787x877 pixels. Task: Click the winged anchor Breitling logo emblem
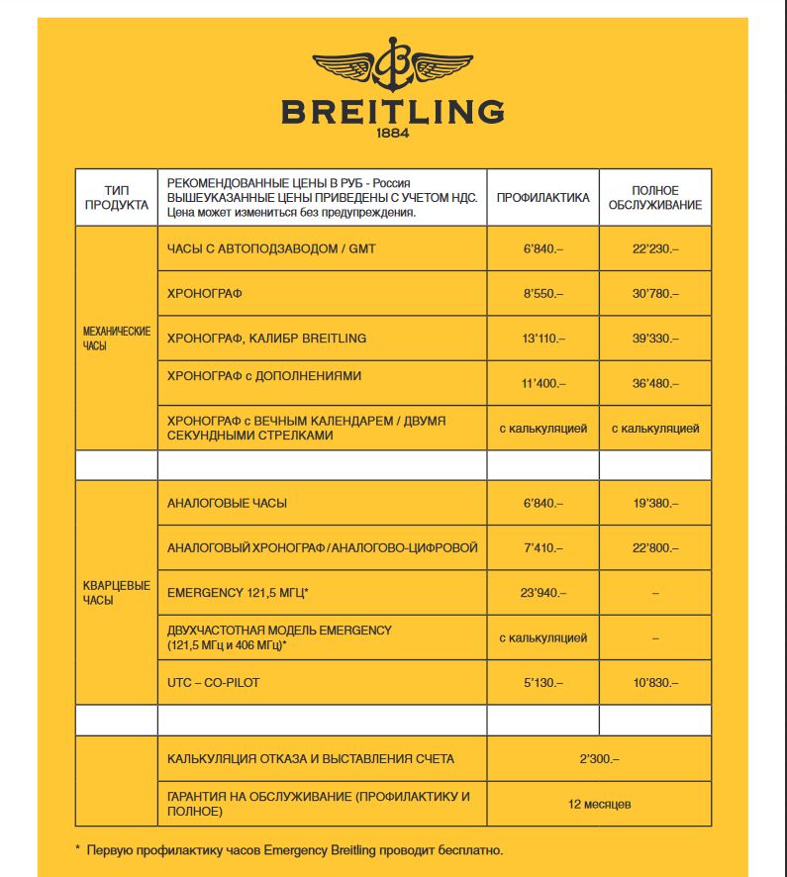[393, 65]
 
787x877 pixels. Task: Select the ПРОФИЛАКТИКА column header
[542, 198]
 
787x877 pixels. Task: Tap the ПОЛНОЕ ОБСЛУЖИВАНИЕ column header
[654, 198]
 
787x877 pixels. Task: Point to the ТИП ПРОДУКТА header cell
[117, 198]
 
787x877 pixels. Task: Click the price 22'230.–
[655, 249]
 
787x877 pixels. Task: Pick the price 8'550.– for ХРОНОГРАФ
[542, 294]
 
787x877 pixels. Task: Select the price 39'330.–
[655, 339]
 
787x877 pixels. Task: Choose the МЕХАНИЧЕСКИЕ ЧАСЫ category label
[117, 339]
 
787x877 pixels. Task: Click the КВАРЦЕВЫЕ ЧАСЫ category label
[117, 593]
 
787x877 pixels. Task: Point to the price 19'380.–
[655, 504]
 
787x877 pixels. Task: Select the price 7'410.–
[542, 547]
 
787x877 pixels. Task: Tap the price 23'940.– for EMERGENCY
[542, 593]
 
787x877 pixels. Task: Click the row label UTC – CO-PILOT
[214, 683]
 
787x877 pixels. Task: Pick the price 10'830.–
[655, 683]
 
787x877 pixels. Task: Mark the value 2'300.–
[599, 759]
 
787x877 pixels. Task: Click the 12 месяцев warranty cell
[599, 804]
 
